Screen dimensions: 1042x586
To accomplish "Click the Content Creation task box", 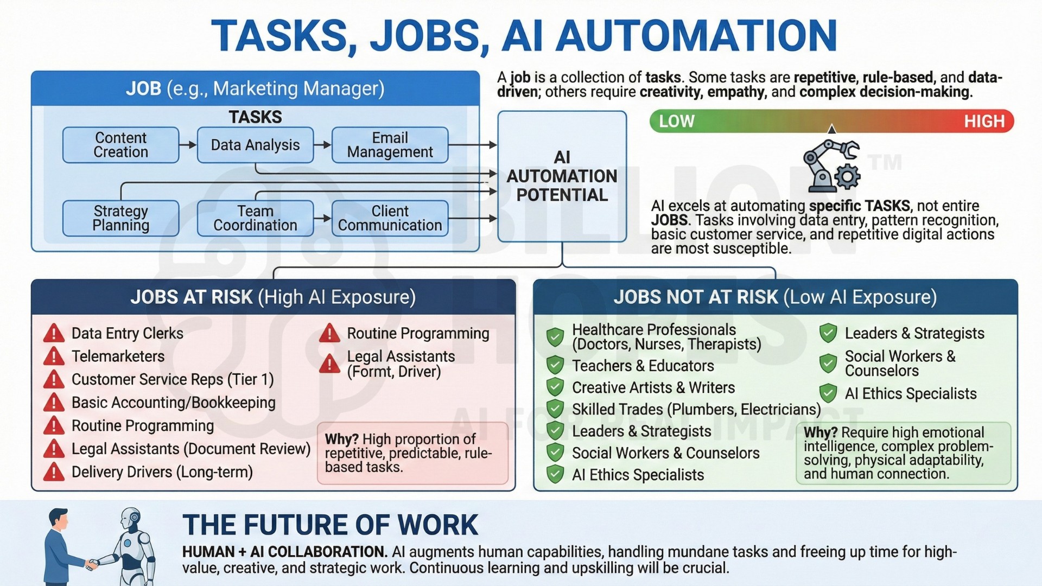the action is click(x=120, y=145).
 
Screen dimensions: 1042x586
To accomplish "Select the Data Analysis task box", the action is click(x=255, y=145).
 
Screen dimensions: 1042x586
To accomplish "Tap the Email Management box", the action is click(x=390, y=145).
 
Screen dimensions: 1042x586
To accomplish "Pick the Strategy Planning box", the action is click(x=120, y=218).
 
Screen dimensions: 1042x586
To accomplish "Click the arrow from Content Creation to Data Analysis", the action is click(x=188, y=145).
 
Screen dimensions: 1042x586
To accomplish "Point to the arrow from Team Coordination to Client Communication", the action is click(x=322, y=218).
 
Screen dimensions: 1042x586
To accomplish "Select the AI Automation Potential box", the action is click(x=562, y=176).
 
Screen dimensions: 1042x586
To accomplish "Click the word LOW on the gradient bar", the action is click(x=676, y=121).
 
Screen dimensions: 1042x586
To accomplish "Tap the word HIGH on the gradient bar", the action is click(x=984, y=121).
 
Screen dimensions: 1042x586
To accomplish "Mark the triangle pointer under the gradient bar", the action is click(x=831, y=129).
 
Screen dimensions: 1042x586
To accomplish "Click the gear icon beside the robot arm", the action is click(x=847, y=177).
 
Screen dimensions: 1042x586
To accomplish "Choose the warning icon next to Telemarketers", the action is click(x=54, y=356).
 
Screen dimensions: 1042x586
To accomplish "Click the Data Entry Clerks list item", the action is click(x=128, y=333).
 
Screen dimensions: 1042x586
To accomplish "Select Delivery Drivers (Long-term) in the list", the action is click(x=162, y=472).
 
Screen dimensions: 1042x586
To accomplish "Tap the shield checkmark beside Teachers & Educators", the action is click(x=555, y=365).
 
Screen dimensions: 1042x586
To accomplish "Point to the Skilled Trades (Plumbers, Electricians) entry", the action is click(x=696, y=409).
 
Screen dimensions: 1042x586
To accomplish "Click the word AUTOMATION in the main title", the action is click(x=696, y=36).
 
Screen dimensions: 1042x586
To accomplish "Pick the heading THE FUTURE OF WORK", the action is click(x=330, y=525).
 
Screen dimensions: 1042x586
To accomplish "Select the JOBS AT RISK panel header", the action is click(x=273, y=297).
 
